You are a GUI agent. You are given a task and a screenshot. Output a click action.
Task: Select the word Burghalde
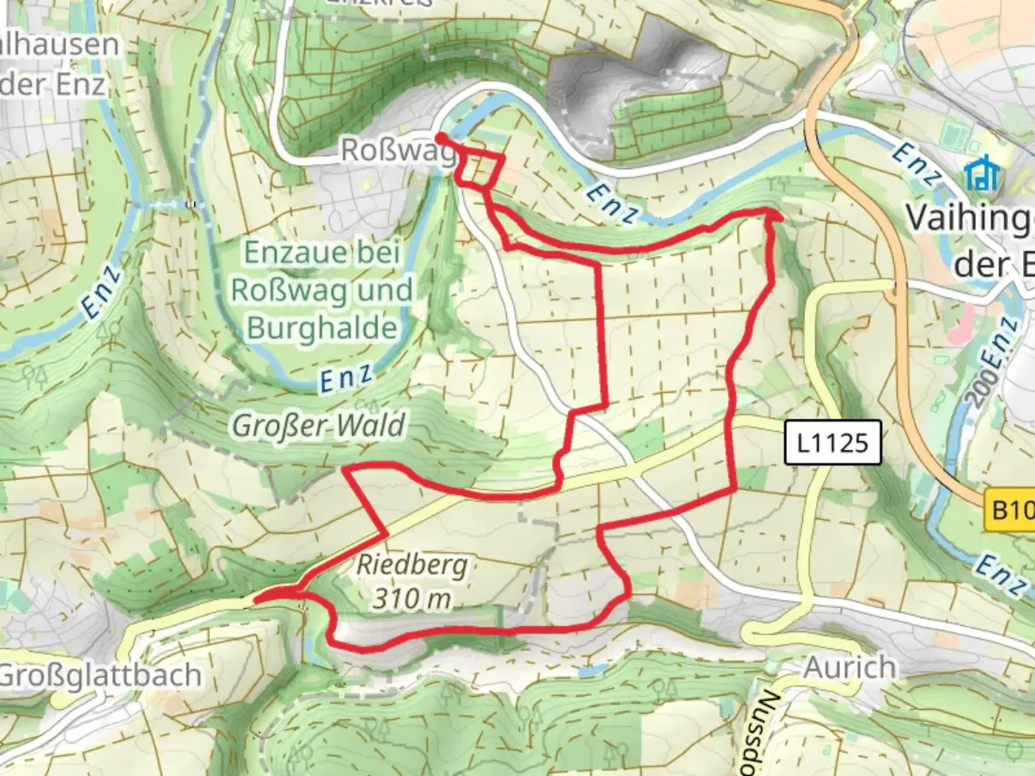[322, 328]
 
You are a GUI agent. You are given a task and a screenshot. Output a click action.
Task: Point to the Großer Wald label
[318, 425]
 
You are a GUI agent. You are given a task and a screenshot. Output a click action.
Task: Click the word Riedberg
[411, 565]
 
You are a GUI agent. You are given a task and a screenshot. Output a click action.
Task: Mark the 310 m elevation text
[411, 598]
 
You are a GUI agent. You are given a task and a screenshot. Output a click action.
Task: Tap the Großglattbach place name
[101, 675]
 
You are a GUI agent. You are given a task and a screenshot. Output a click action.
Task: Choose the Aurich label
[850, 668]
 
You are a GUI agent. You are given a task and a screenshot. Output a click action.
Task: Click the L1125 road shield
[832, 443]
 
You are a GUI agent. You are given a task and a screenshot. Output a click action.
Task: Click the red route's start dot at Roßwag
[440, 137]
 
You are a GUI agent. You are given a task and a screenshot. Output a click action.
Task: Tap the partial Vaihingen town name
[970, 218]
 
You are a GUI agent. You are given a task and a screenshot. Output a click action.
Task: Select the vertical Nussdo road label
[767, 733]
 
